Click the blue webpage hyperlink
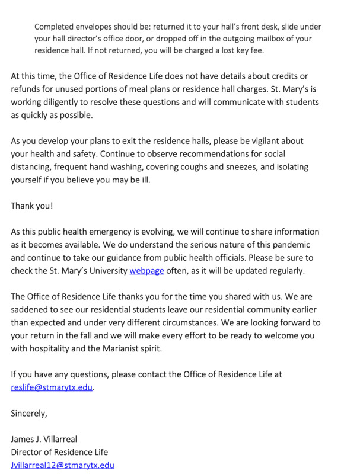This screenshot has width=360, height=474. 146,271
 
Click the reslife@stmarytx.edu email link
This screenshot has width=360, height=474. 52,387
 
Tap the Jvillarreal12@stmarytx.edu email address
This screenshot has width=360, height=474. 62,465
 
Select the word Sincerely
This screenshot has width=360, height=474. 29,413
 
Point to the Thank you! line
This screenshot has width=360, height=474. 32,206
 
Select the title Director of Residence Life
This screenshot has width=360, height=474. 59,452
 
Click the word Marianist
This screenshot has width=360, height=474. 131,348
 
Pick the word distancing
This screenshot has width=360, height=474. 33,167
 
